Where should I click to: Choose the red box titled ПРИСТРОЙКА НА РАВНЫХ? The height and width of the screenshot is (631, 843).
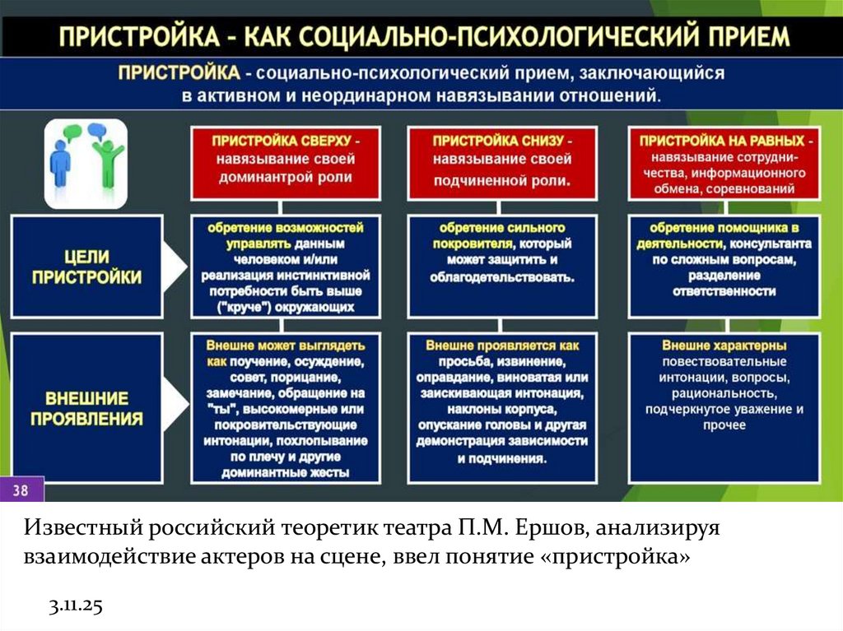[724, 163]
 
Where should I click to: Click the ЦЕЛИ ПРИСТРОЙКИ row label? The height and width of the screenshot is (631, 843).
[86, 267]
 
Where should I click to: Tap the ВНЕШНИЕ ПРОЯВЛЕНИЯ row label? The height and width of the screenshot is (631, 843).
[86, 408]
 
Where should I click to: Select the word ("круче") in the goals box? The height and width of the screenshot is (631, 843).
[240, 308]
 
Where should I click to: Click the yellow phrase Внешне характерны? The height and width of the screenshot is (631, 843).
[724, 346]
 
